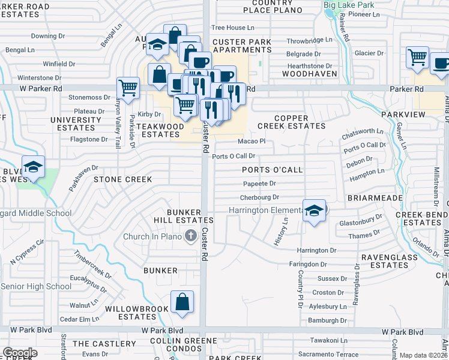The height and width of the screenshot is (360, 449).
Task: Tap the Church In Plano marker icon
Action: (x=191, y=236)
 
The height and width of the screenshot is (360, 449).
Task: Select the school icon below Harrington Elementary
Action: (x=314, y=211)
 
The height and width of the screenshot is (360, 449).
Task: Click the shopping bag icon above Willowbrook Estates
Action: (x=182, y=302)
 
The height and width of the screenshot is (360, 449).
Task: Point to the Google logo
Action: (x=20, y=352)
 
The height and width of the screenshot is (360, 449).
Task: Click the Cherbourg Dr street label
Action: (x=260, y=197)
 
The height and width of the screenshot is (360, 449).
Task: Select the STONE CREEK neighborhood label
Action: (x=122, y=179)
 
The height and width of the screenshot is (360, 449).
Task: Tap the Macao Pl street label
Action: (x=251, y=141)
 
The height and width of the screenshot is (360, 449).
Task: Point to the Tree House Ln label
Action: (x=233, y=28)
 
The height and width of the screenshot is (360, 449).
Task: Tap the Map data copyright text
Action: (x=424, y=355)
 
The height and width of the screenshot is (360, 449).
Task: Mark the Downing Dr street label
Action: (x=48, y=36)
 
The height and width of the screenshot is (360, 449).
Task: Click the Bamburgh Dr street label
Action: (x=327, y=320)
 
